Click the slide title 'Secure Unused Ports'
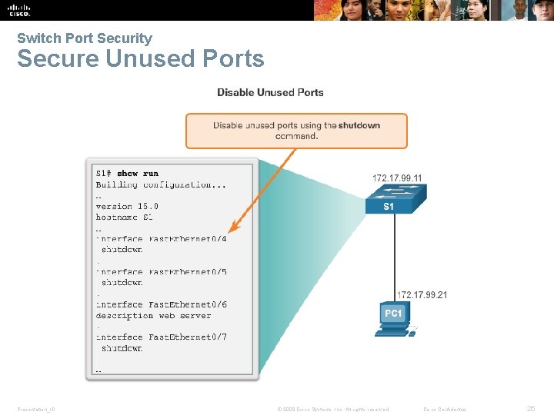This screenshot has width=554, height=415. [x=140, y=58]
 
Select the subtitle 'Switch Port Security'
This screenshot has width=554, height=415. [x=85, y=38]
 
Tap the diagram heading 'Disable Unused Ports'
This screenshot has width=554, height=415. [x=270, y=92]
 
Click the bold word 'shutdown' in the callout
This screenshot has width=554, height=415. [x=359, y=125]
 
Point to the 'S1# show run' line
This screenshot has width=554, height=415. [x=127, y=174]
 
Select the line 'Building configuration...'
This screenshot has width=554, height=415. [x=161, y=184]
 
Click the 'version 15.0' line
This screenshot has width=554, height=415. [x=127, y=206]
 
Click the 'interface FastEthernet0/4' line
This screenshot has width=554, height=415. [x=161, y=239]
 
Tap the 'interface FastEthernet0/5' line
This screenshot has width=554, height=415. [x=161, y=272]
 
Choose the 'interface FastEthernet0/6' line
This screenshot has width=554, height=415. [x=161, y=304]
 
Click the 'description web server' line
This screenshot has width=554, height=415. [x=153, y=315]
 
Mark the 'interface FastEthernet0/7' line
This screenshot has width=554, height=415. [x=161, y=337]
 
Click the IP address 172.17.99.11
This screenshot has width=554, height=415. [x=397, y=178]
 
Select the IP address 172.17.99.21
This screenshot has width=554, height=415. [x=422, y=295]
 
